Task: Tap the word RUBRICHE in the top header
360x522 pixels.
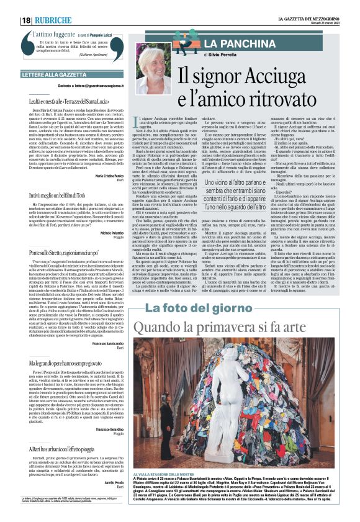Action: click(x=55, y=20)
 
